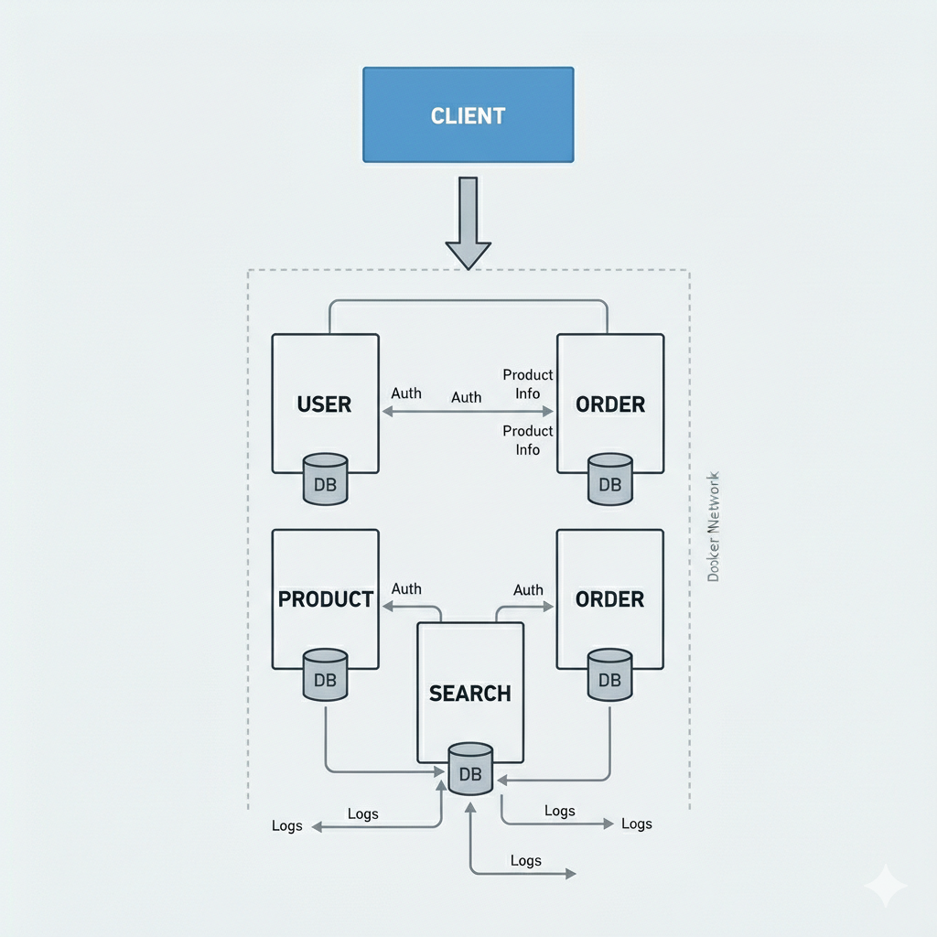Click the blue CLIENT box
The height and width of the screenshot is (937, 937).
(468, 115)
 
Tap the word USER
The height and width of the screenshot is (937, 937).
(324, 404)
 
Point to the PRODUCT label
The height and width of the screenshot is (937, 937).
(325, 599)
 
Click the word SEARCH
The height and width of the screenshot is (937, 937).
(469, 694)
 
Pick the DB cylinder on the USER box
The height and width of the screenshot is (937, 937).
(325, 479)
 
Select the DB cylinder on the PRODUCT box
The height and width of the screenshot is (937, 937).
(325, 674)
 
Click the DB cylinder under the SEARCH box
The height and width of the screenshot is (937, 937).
(470, 769)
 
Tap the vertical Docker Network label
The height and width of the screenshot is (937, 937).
(715, 526)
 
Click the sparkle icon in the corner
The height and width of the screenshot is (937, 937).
(885, 886)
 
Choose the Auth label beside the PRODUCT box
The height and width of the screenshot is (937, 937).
(406, 588)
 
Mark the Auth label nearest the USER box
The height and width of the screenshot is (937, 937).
(406, 393)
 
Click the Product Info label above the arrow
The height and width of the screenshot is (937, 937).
(528, 384)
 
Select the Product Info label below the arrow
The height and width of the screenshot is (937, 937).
(528, 440)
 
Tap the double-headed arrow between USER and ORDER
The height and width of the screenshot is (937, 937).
(467, 413)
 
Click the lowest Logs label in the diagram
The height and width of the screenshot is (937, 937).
(526, 860)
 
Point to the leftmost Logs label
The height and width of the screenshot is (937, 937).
(286, 825)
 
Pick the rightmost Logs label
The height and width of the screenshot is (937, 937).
(637, 824)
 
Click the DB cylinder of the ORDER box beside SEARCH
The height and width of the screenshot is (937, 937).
(610, 674)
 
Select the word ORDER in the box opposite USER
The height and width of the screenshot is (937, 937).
(610, 404)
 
